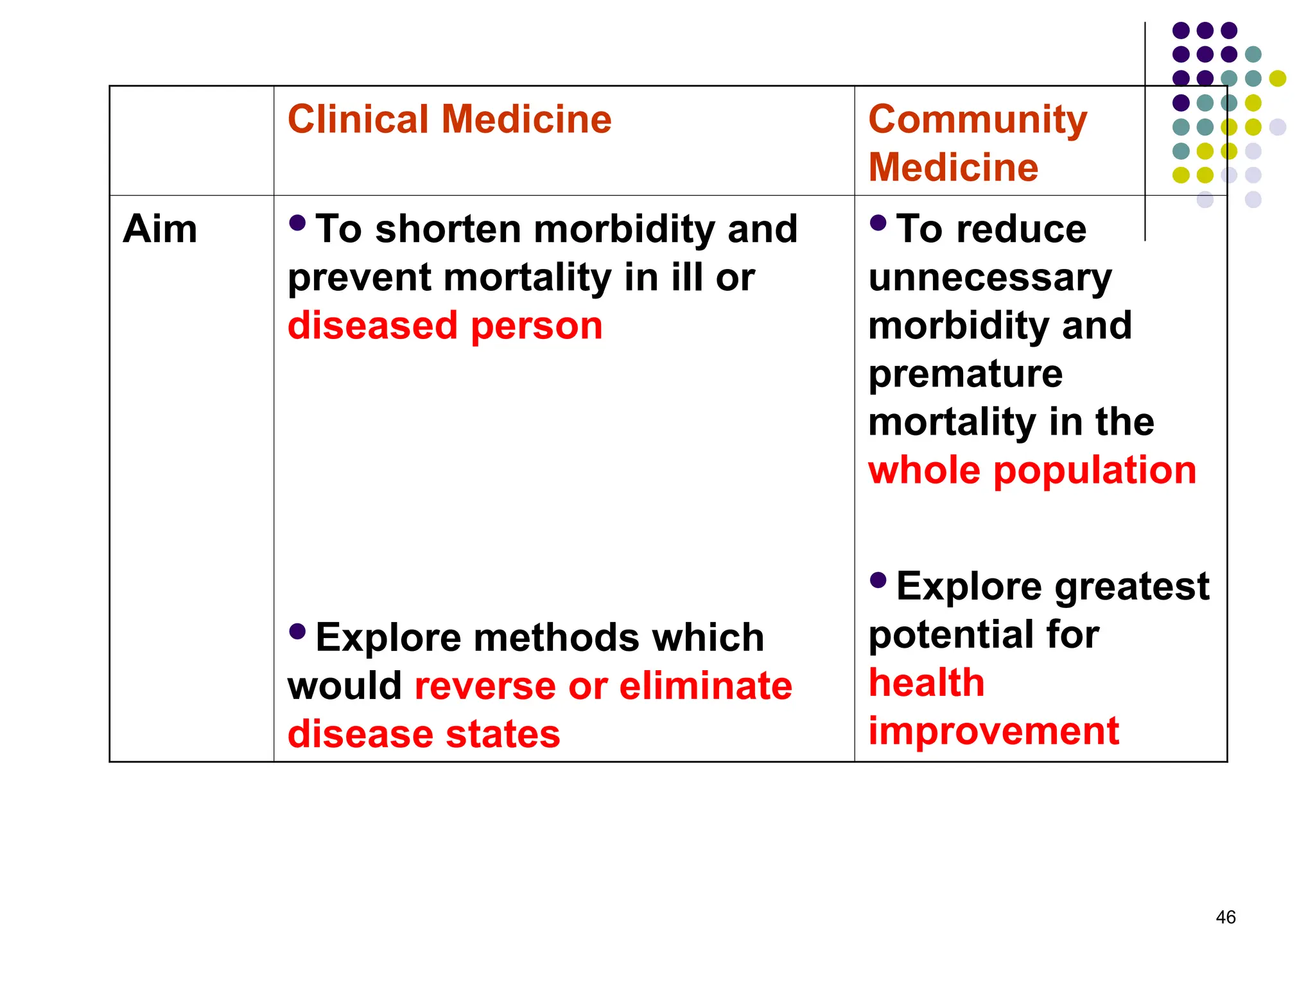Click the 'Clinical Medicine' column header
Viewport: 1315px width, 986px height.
tap(449, 120)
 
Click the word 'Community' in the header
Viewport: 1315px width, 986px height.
tap(977, 120)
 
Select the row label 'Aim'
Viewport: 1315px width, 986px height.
tap(160, 229)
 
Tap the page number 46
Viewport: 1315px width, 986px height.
tap(1225, 917)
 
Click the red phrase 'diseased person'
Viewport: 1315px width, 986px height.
tap(445, 326)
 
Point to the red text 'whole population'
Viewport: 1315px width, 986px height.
tap(1032, 471)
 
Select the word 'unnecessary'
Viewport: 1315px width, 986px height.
tap(989, 278)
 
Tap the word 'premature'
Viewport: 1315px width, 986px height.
tap(965, 374)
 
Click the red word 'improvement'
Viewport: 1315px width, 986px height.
tap(993, 731)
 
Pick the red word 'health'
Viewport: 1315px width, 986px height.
tap(926, 682)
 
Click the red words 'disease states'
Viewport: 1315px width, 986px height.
tap(424, 734)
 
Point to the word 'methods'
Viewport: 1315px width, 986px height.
tap(557, 638)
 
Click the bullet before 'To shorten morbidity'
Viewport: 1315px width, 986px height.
tap(297, 223)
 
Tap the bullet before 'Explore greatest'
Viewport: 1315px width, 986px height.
tap(878, 580)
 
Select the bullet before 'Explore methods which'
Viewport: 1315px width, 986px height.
tap(297, 632)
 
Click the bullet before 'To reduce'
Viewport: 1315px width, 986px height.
tap(878, 223)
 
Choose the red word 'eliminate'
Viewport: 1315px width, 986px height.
tap(705, 686)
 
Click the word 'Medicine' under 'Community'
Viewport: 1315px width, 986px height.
tap(953, 168)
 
